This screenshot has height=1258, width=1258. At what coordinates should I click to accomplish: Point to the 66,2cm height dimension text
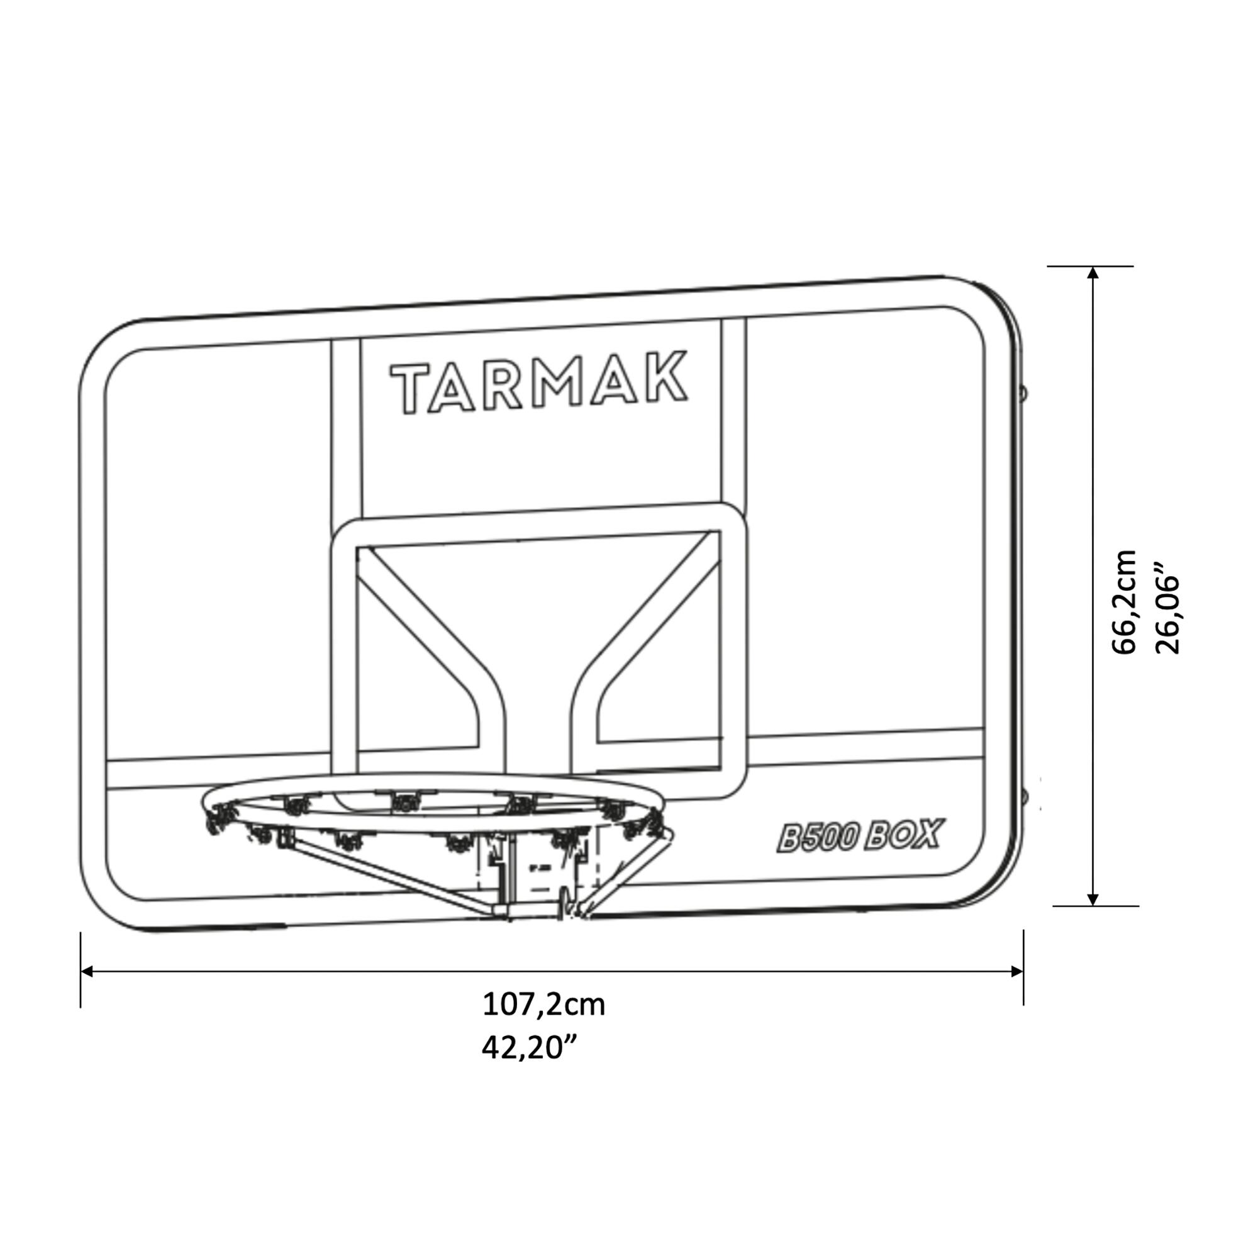tap(1123, 602)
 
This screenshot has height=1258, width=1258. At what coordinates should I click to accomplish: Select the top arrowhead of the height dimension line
tap(1093, 273)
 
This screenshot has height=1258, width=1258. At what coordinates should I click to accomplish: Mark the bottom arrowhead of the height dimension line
tap(1093, 899)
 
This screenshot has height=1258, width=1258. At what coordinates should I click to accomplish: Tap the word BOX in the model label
tap(906, 834)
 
